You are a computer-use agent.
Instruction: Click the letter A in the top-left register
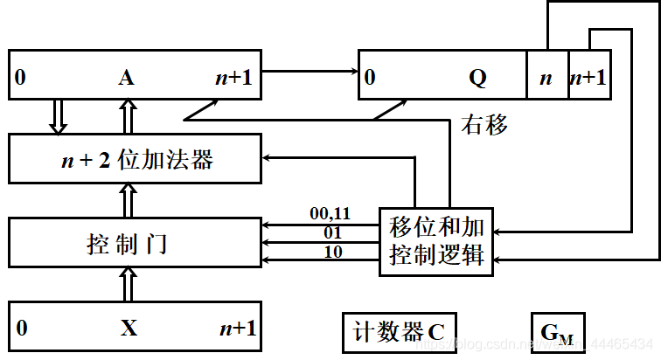click(x=125, y=78)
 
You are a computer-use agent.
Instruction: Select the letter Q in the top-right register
click(x=477, y=78)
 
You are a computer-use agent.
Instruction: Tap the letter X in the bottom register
click(x=129, y=328)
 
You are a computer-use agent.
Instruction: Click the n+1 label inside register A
click(x=233, y=78)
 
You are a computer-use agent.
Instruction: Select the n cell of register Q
click(x=546, y=78)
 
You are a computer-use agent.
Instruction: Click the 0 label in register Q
click(x=370, y=78)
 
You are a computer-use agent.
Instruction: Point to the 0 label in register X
click(x=21, y=328)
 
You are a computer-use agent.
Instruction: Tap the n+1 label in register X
click(x=237, y=328)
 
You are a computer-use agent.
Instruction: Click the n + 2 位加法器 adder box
click(x=135, y=159)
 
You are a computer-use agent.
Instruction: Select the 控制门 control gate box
click(x=135, y=242)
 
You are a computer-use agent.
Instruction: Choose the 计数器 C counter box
click(x=399, y=331)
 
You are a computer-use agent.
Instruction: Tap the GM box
click(x=557, y=332)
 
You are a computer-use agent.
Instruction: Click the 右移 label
click(x=484, y=125)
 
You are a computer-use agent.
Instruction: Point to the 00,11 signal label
click(x=330, y=213)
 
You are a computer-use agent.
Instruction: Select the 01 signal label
click(x=333, y=232)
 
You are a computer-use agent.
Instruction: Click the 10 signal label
click(x=333, y=252)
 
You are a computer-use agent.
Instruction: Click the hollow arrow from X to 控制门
click(x=129, y=283)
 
